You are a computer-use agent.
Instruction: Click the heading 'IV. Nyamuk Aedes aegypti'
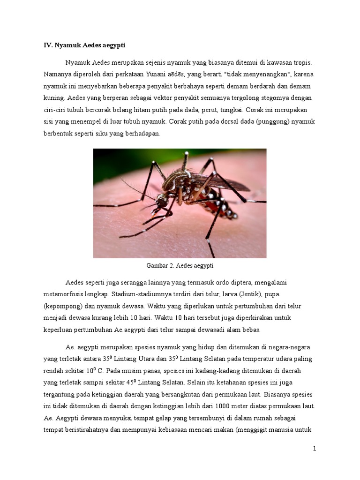[x=85, y=45]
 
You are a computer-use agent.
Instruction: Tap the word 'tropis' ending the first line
[x=300, y=62]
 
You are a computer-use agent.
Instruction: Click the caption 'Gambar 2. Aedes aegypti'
[x=180, y=266]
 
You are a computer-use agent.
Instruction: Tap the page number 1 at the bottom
[x=315, y=449]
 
